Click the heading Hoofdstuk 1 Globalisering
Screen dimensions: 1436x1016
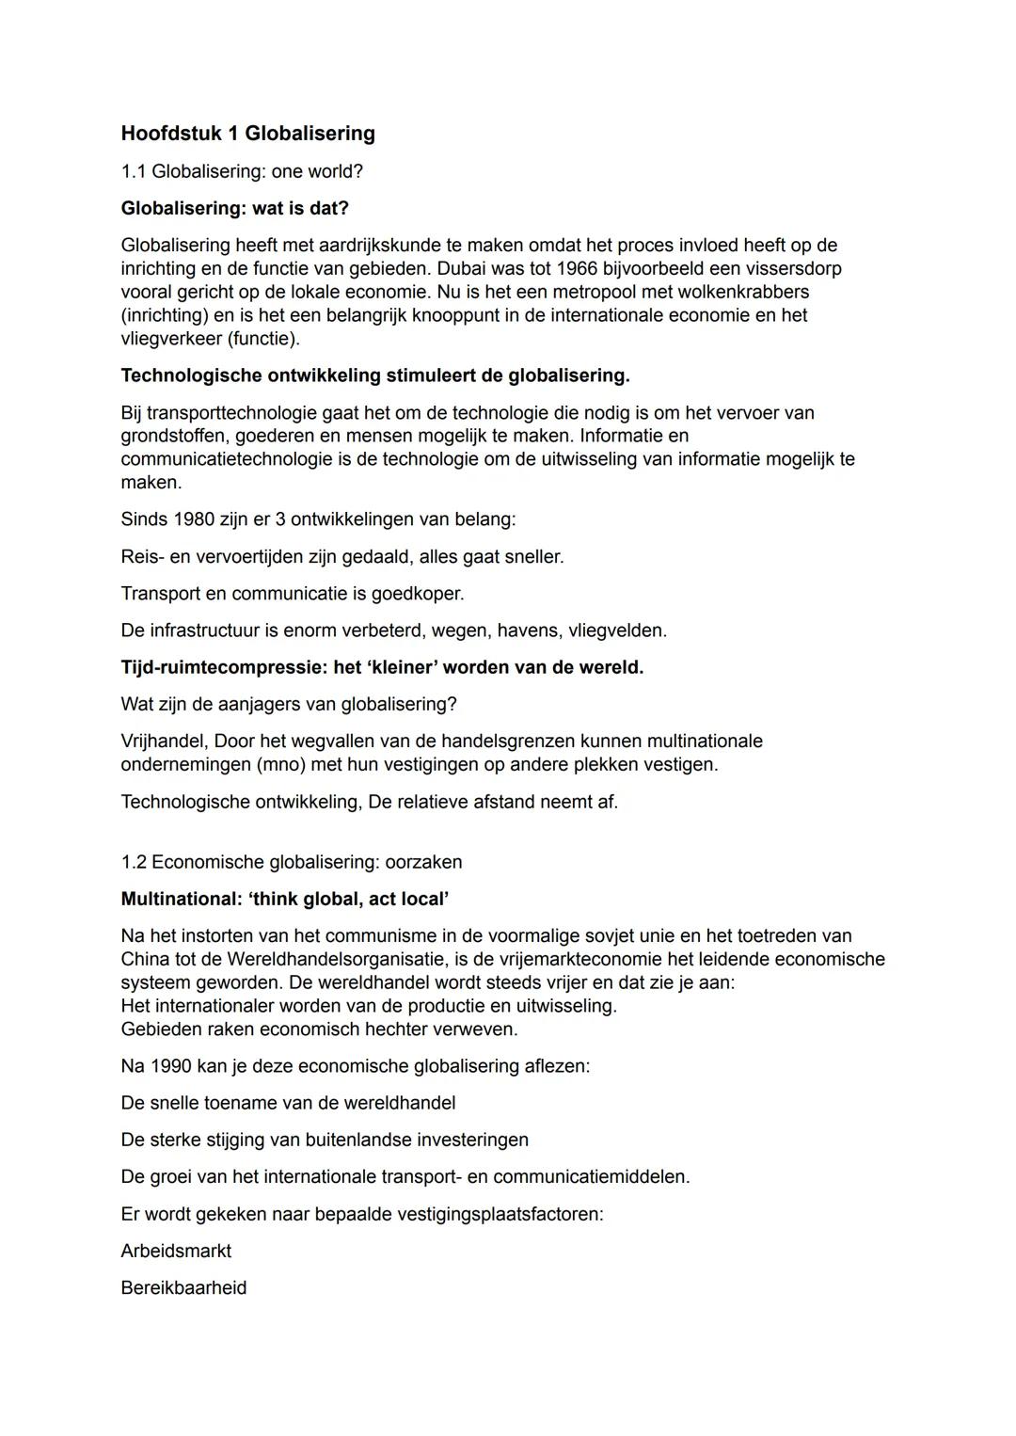point(247,134)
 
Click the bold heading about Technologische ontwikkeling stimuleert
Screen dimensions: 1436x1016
point(374,375)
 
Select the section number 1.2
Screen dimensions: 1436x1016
point(134,862)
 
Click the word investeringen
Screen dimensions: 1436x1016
point(472,1140)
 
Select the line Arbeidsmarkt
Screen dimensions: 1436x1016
point(176,1251)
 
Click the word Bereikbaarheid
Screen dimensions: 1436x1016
point(183,1288)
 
